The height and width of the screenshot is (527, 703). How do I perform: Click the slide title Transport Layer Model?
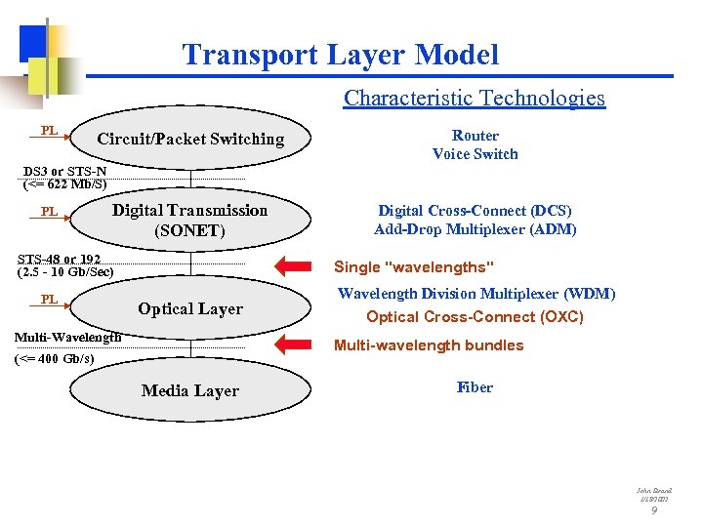coord(340,55)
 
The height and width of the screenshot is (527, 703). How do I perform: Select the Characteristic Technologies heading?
coord(474,98)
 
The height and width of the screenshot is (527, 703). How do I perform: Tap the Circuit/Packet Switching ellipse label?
coord(190,140)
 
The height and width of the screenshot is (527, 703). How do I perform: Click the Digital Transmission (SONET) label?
coord(189,221)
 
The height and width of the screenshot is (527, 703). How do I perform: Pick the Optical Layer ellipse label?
coord(190,308)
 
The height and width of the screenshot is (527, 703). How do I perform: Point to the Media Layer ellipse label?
coord(190,390)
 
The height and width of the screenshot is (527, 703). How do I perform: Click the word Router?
coord(476,136)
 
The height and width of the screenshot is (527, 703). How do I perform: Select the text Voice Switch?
coord(476,154)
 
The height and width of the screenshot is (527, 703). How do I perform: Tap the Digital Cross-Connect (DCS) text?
coord(475,211)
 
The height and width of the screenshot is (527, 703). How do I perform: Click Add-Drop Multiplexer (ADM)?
coord(475,230)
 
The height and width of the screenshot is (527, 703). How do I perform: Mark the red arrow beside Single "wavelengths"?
coord(298,264)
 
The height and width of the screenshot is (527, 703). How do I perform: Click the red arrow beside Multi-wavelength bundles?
coord(298,344)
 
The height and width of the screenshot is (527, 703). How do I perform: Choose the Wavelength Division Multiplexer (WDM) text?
coord(476,294)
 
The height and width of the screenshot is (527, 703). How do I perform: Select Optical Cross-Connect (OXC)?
coord(475,317)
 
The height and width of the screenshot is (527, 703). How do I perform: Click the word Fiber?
coord(475,387)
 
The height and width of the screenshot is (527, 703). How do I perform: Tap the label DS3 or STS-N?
coord(65,171)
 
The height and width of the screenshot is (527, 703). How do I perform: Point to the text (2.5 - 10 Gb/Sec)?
coord(65,271)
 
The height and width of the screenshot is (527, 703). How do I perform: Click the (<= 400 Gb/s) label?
coord(55,358)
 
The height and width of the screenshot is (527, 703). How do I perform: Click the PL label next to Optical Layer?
coord(49,299)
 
